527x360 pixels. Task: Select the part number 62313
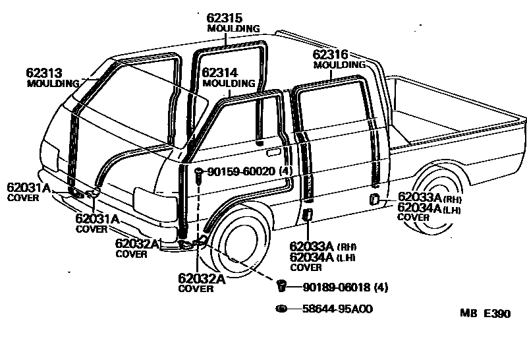point(43,73)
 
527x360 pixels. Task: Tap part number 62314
point(220,73)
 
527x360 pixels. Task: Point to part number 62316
point(330,55)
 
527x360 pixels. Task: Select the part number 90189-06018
point(337,287)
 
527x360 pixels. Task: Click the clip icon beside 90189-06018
point(281,285)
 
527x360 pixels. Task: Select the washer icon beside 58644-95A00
point(281,309)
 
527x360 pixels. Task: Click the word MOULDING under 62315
point(233,29)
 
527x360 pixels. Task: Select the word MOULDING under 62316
point(339,65)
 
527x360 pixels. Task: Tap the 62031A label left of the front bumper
point(28,187)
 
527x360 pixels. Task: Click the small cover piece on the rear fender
point(374,199)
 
